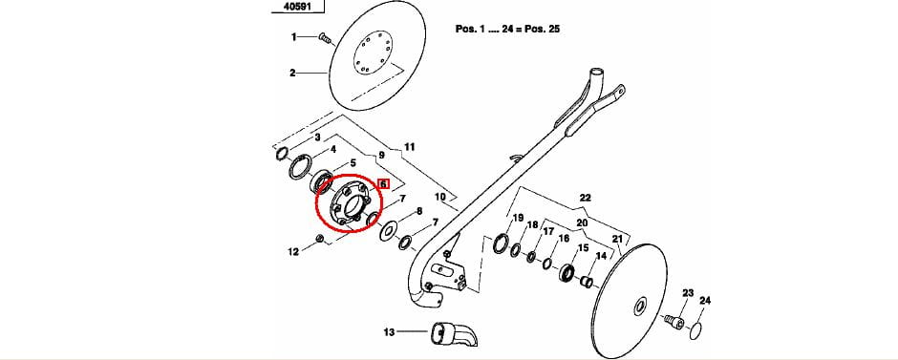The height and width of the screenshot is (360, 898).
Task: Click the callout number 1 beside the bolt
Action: click(x=294, y=37)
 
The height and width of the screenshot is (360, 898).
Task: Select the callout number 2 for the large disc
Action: click(x=292, y=73)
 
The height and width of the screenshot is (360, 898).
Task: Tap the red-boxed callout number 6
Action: click(x=383, y=183)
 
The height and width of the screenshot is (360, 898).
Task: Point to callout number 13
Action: click(x=390, y=332)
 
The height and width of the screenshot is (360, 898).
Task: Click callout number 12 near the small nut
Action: click(x=293, y=251)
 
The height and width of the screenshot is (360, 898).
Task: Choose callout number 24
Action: click(x=705, y=301)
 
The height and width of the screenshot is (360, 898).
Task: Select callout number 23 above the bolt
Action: click(x=688, y=293)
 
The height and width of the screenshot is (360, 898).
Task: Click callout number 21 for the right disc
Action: click(x=617, y=239)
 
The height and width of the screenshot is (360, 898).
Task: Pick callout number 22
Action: click(x=585, y=198)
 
